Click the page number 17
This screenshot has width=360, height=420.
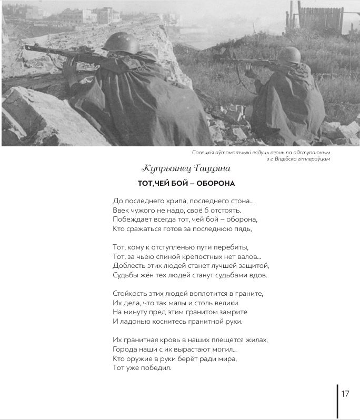point(345,394)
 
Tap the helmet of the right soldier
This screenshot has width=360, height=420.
point(290,54)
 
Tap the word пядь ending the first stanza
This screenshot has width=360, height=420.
point(244,228)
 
